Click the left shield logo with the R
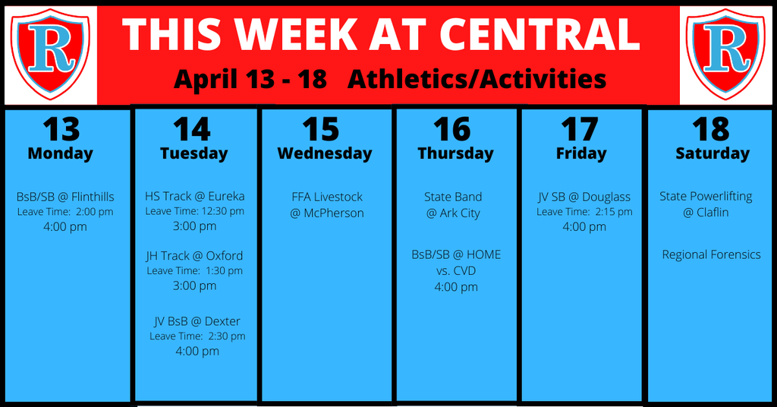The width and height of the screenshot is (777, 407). [50, 53]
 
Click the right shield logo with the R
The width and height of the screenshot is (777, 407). [726, 53]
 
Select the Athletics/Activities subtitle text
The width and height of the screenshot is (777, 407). [477, 79]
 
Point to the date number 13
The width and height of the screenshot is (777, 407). [61, 129]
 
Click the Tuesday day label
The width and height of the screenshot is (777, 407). [193, 153]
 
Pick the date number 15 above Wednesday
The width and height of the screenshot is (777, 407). [321, 129]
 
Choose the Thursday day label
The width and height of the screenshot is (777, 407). [455, 153]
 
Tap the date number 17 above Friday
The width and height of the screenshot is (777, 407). [579, 129]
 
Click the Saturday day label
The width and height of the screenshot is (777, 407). [713, 153]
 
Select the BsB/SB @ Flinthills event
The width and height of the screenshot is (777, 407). [65, 197]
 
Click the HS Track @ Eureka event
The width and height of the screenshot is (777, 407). [195, 197]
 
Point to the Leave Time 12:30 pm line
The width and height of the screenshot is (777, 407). [195, 211]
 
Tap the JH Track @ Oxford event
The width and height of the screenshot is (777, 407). [194, 256]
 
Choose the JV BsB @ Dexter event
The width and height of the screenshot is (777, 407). [197, 321]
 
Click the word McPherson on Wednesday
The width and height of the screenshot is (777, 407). [334, 213]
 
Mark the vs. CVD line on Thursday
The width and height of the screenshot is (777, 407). [456, 270]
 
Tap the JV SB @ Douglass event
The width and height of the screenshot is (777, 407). [584, 197]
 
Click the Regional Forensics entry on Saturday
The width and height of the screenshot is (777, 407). [711, 254]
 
